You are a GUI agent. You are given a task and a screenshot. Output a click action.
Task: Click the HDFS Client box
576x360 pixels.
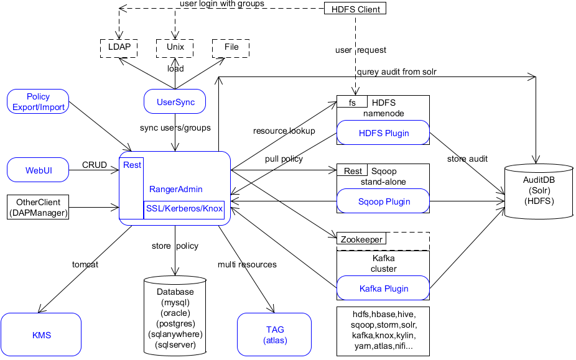[x=355, y=9]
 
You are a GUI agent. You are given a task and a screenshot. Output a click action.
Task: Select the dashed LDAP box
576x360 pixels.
[x=119, y=48]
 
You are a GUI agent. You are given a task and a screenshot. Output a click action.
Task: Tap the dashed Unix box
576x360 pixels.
[x=175, y=48]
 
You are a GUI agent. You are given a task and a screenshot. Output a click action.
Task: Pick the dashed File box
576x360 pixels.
[x=231, y=48]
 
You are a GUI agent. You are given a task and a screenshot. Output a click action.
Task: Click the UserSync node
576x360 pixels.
[x=175, y=102]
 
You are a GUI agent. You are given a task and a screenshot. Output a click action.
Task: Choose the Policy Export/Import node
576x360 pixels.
[x=38, y=102]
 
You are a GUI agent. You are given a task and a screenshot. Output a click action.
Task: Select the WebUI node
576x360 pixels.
[x=38, y=170]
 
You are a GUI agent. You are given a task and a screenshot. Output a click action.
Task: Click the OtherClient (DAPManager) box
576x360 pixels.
[x=38, y=208]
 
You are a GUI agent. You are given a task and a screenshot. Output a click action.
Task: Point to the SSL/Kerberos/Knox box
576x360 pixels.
[x=183, y=208]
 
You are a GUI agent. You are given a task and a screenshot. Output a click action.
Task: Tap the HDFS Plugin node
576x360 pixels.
[x=384, y=133]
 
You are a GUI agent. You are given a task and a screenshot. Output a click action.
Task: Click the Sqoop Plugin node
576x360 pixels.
[x=384, y=201]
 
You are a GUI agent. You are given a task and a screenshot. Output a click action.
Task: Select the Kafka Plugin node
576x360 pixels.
[x=384, y=288]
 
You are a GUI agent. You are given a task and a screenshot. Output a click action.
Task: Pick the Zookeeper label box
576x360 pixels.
[x=361, y=239]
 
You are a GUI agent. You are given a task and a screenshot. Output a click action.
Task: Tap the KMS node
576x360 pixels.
[x=41, y=335]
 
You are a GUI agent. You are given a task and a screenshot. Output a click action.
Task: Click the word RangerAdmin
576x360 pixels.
[x=175, y=189]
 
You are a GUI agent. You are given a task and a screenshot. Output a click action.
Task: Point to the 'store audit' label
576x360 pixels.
[x=467, y=159]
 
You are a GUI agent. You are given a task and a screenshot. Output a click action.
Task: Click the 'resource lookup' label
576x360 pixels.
[x=284, y=131]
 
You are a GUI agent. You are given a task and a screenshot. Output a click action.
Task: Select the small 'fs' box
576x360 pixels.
[x=352, y=102]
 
